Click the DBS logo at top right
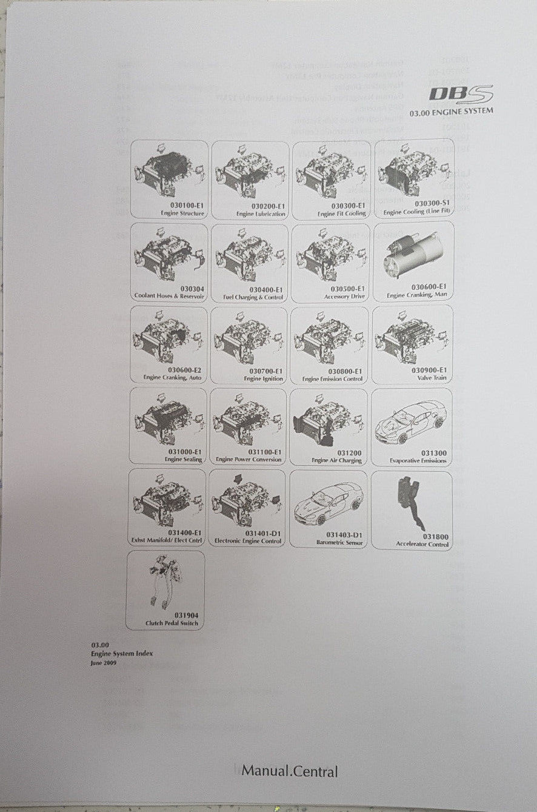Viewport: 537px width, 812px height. click(x=461, y=94)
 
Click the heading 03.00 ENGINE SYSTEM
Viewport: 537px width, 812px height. click(x=451, y=112)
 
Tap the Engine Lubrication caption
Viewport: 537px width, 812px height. click(x=261, y=214)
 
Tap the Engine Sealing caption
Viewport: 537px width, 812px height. click(x=183, y=460)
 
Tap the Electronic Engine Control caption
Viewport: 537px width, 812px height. click(x=248, y=541)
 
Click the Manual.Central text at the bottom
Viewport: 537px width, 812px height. click(x=290, y=772)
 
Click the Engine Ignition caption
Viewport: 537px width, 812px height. click(x=263, y=378)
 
